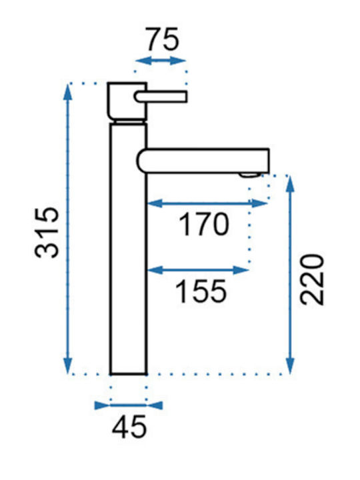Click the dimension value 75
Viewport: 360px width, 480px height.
tap(163, 39)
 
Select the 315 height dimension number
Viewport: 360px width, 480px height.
tap(47, 233)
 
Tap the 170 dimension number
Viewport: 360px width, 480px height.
tap(204, 225)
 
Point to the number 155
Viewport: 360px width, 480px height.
tap(201, 291)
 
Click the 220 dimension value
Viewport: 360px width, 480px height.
tap(312, 279)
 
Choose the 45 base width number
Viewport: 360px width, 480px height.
tap(129, 427)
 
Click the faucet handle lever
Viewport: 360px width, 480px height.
tap(161, 97)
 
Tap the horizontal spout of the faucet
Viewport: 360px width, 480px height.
tap(203, 161)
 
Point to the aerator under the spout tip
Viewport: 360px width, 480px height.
tap(250, 175)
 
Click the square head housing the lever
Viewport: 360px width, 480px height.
tap(127, 101)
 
